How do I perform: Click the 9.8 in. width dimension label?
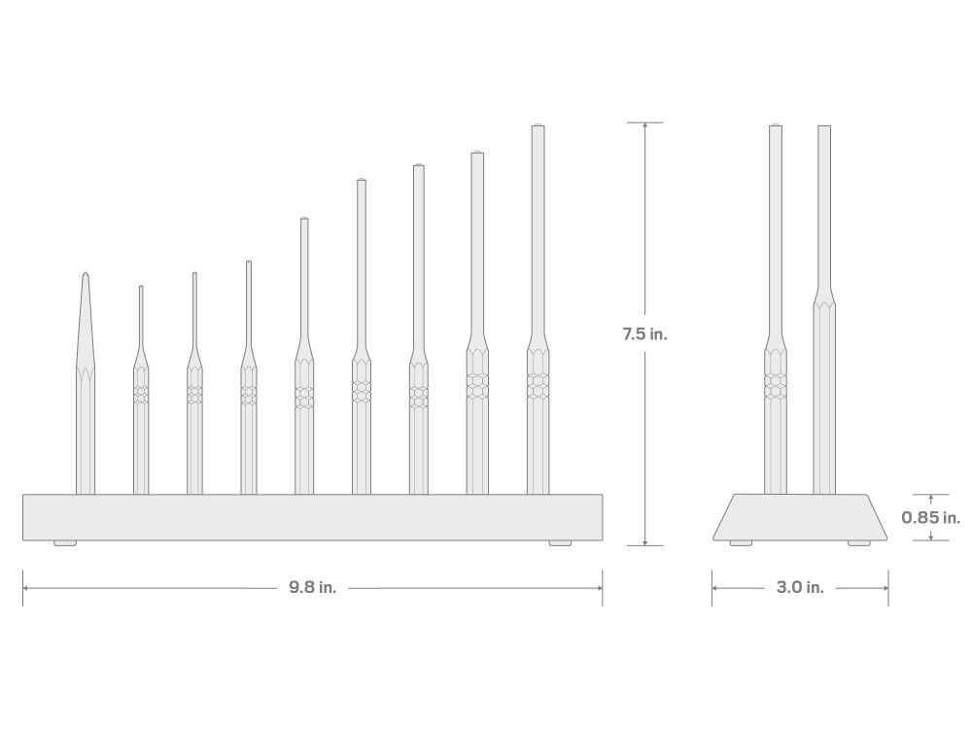[x=312, y=587]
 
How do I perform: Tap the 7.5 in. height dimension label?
[x=644, y=334]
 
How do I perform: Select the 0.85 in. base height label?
[x=930, y=517]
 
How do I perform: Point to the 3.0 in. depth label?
[x=800, y=587]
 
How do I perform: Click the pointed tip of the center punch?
[x=86, y=273]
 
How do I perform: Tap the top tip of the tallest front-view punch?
[x=538, y=125]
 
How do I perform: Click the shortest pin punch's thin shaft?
[x=141, y=316]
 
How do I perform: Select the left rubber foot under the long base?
[x=65, y=543]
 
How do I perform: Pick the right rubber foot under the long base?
[x=560, y=543]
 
